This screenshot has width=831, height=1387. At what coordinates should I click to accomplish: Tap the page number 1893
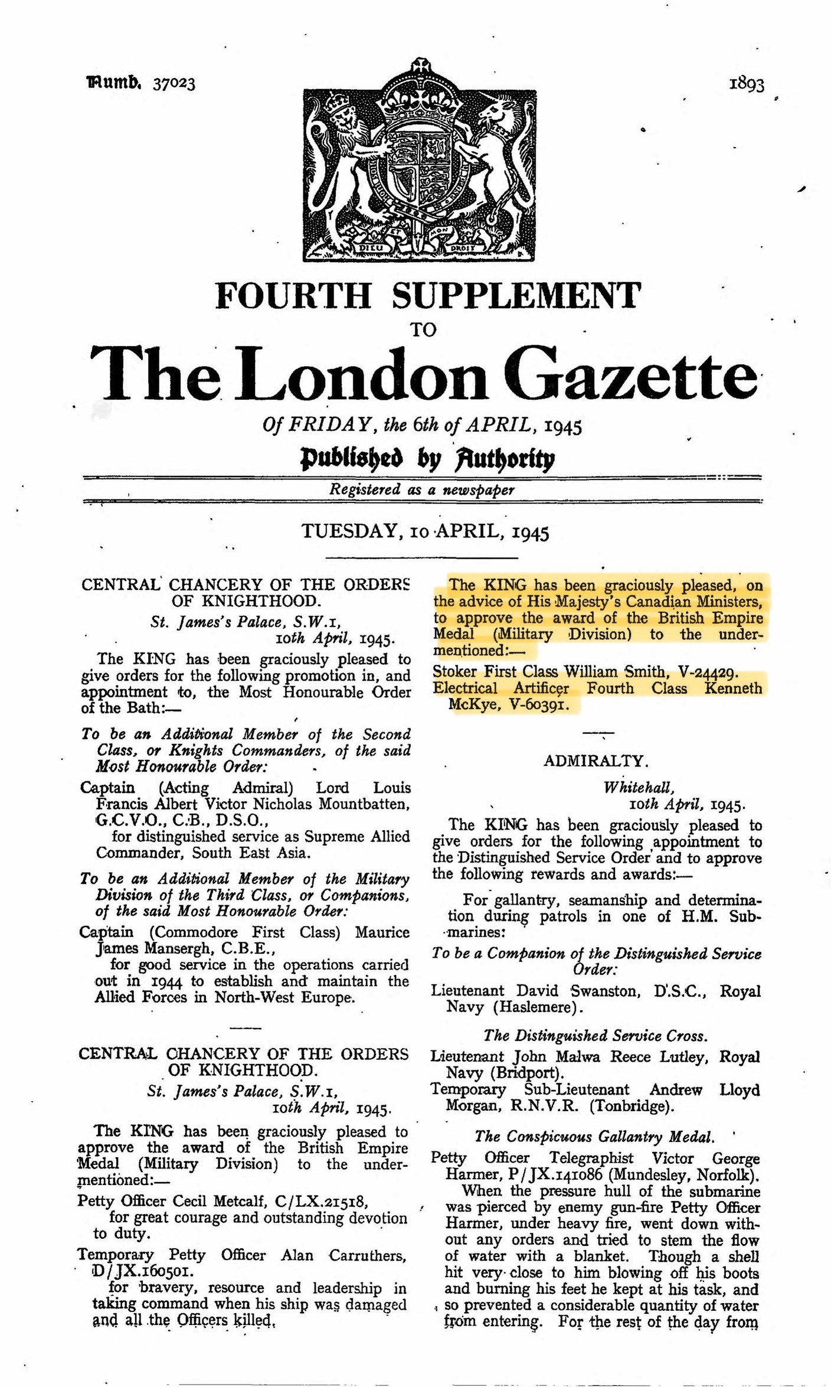[x=747, y=84]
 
